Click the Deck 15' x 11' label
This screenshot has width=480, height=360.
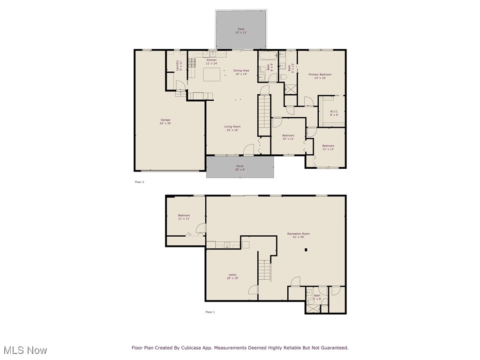240,31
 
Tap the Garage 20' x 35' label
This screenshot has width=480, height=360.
165,121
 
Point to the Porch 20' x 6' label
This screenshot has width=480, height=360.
240,168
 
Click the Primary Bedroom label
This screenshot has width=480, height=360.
320,76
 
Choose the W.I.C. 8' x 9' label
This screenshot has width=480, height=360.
333,113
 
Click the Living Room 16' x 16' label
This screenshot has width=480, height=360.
232,128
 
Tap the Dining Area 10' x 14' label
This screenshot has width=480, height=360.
241,72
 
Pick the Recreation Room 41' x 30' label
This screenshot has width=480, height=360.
298,235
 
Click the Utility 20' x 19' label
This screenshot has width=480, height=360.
232,277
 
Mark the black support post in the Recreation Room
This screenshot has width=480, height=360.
306,250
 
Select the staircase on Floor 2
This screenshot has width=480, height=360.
264,115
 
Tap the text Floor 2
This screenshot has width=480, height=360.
139,182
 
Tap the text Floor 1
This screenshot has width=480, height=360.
210,312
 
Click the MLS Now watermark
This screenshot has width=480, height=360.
25,350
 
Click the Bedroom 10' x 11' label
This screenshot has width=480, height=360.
288,137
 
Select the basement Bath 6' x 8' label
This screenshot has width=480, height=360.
317,297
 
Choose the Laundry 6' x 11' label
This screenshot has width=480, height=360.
179,66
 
